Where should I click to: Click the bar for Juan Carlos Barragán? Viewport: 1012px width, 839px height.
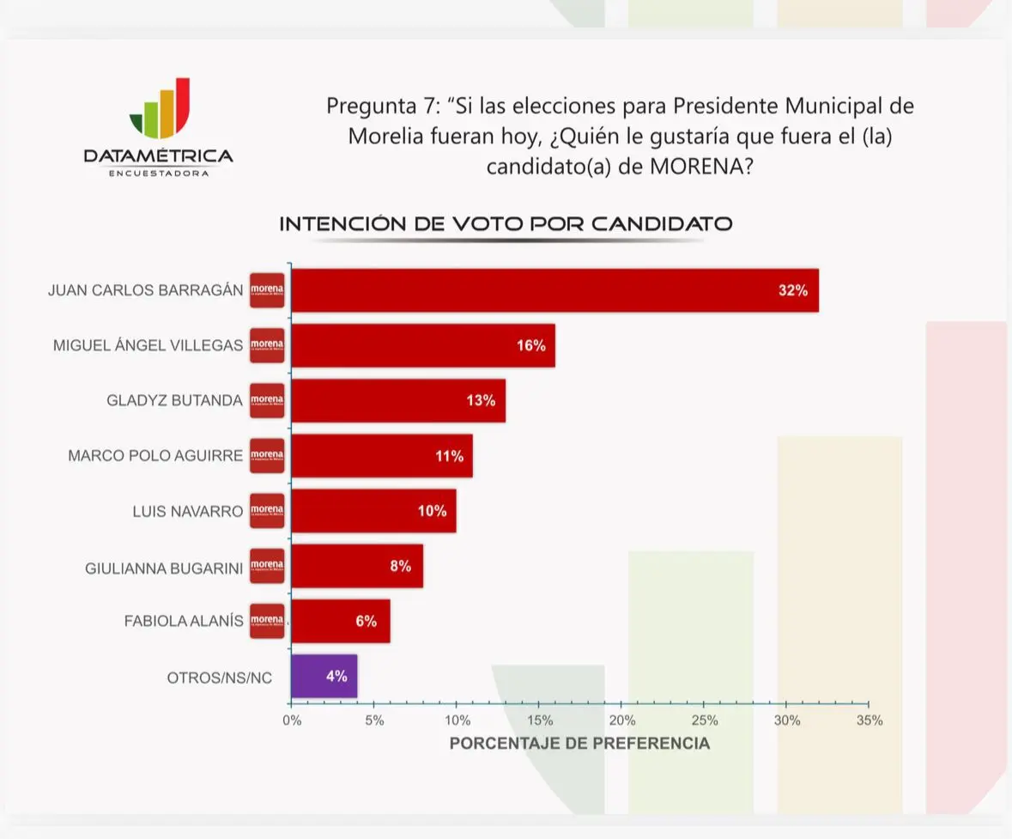554,290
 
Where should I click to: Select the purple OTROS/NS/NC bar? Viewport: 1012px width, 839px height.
324,677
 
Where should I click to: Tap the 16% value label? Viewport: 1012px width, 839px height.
530,345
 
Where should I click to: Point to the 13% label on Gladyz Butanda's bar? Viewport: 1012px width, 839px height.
481,400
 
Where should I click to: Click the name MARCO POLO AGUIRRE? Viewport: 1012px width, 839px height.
155,455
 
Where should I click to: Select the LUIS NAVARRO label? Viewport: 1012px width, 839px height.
187,511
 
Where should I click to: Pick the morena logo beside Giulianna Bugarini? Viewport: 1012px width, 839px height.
267,566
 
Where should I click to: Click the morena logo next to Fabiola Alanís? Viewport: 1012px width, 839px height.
267,621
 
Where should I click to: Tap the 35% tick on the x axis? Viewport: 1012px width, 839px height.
869,720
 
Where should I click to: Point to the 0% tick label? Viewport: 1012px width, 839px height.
292,720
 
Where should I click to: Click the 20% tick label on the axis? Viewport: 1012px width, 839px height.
622,720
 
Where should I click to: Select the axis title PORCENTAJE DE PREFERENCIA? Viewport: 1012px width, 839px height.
579,743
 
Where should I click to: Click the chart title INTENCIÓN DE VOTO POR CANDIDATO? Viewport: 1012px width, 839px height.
506,224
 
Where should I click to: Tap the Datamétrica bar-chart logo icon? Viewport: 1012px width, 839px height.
160,109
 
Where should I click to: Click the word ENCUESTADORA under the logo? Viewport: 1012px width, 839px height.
159,173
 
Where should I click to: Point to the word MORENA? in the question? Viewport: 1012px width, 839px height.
700,167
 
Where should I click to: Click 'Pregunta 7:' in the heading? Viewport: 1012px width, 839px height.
381,106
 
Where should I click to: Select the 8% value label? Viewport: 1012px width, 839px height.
400,566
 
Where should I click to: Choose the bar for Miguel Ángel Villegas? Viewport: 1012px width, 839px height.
422,345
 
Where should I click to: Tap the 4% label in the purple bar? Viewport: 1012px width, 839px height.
336,676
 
